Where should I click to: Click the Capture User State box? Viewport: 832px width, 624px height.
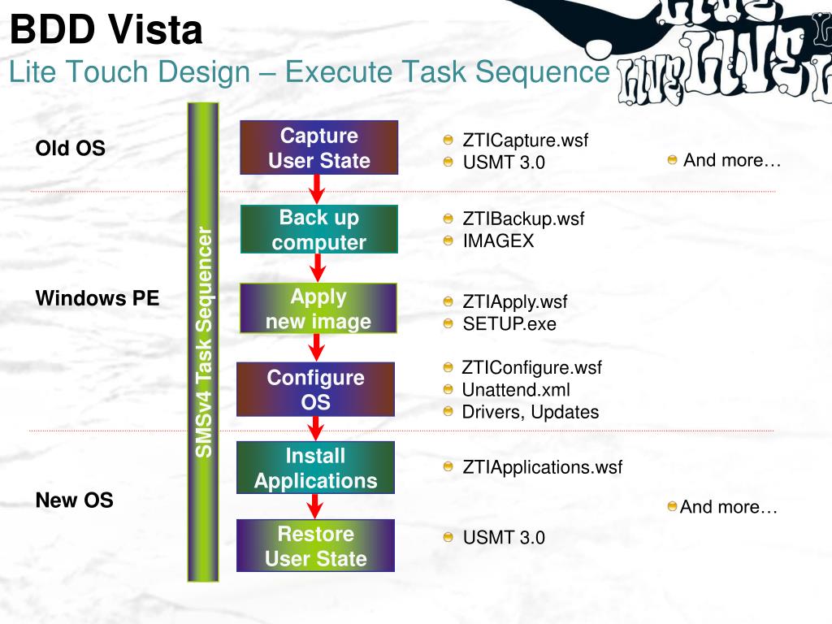click(318, 148)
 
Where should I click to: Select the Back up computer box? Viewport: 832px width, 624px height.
click(318, 229)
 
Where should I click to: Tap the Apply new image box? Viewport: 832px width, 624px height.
click(318, 308)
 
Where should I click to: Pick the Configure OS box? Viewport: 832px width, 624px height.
click(315, 389)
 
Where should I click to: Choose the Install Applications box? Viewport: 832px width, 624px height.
click(315, 467)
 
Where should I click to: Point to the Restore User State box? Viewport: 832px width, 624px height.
click(315, 545)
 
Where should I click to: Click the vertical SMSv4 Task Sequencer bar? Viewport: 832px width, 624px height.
click(203, 342)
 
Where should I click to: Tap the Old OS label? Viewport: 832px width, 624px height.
click(70, 149)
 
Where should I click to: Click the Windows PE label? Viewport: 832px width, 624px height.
click(97, 298)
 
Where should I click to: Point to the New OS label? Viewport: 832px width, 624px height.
click(74, 500)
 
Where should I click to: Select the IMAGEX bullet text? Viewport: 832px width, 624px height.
click(498, 240)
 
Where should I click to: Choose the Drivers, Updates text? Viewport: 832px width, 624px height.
click(530, 412)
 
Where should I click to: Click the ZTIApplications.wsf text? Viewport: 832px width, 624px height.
click(542, 467)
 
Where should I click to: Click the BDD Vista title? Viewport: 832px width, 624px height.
click(106, 31)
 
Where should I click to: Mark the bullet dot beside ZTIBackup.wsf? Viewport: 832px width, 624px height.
click(448, 219)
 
